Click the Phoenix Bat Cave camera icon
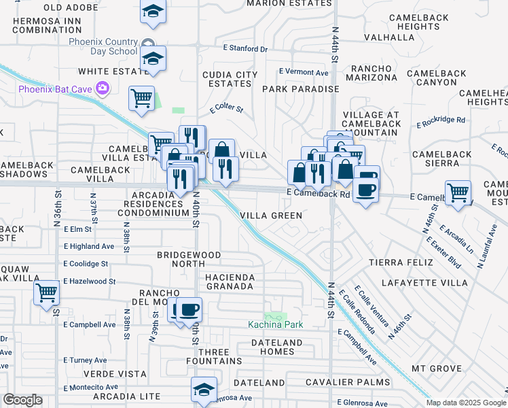(x=103, y=88)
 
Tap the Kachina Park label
(x=274, y=324)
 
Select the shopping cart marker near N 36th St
(x=46, y=293)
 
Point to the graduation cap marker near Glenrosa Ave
(x=203, y=390)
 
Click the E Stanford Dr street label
(x=246, y=49)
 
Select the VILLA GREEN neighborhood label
(x=271, y=216)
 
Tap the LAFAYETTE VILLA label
(x=424, y=282)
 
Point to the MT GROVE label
(x=437, y=369)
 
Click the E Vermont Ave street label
(x=304, y=72)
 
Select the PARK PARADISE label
(x=300, y=89)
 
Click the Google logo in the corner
(x=22, y=400)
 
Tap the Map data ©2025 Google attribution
(x=466, y=403)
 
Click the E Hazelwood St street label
(x=90, y=281)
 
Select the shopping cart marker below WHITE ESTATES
(x=141, y=99)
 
